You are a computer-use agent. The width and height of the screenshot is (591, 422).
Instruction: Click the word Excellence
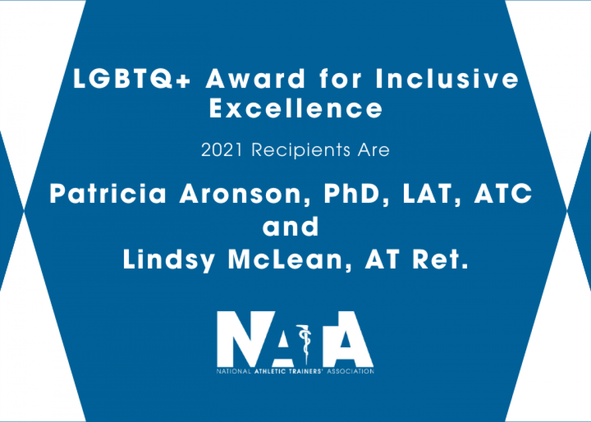point(296,108)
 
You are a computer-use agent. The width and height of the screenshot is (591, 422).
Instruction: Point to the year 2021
point(222,150)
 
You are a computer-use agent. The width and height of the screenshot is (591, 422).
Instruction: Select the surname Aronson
point(245,194)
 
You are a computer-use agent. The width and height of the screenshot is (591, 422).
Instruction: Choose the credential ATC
point(503,193)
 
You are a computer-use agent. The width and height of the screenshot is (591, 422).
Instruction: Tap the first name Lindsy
point(169,260)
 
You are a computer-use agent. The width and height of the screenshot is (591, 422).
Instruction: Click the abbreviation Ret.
point(441,259)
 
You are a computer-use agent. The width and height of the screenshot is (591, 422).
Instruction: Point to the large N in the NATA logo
point(246,339)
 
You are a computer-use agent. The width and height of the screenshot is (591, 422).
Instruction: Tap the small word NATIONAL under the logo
point(234,372)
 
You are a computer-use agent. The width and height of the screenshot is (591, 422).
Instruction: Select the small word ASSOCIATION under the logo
point(350,372)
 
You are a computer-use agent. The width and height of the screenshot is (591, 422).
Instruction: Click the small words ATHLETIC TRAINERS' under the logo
point(289,372)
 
